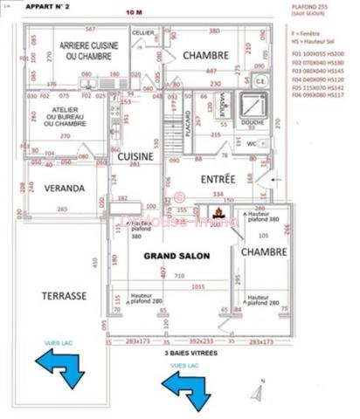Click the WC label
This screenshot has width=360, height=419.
pyautogui.click(x=251, y=143)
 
